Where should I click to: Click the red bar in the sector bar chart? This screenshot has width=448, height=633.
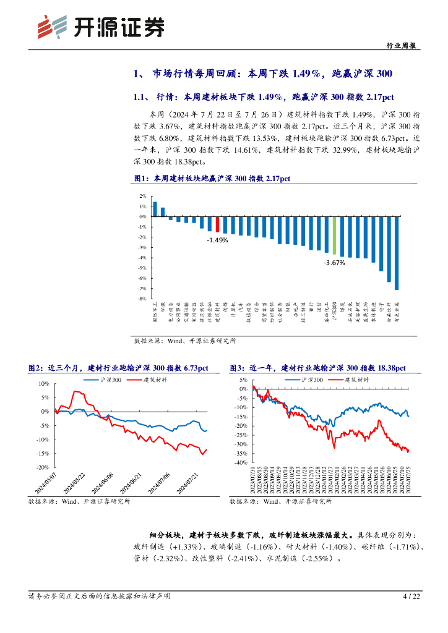[217, 224]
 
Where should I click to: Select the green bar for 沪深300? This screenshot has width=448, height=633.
[334, 236]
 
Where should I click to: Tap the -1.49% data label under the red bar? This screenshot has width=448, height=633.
[217, 240]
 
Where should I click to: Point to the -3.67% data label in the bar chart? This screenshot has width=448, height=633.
[334, 262]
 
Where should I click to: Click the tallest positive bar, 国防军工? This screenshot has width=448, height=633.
[155, 209]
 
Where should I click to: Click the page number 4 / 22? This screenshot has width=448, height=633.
[411, 597]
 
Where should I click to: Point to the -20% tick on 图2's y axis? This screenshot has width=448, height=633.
[44, 467]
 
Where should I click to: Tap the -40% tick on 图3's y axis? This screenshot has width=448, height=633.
[241, 462]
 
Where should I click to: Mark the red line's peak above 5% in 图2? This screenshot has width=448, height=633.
[76, 391]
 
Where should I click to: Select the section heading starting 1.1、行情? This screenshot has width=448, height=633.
[264, 97]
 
